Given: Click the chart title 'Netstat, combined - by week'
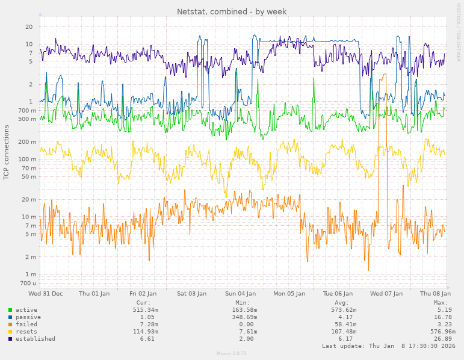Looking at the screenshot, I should tap(232, 11).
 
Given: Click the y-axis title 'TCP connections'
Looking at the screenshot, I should tap(7, 152).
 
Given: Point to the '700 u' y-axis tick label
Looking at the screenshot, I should tap(28, 283).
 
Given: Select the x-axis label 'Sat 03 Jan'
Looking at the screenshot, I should tap(191, 294).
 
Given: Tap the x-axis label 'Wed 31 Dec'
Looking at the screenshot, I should tap(46, 294).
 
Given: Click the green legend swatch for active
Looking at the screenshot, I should tap(10, 310).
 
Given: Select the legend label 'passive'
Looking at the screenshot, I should tap(28, 317).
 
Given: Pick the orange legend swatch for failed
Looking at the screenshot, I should tap(10, 324).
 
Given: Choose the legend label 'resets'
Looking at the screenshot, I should tap(26, 332).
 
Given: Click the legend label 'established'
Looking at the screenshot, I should tap(35, 339).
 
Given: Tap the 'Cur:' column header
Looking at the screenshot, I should tap(143, 303).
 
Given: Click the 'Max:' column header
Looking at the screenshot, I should tap(441, 303).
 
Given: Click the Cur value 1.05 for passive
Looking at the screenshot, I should tap(147, 317).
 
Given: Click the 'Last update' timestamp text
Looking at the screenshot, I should tap(389, 346).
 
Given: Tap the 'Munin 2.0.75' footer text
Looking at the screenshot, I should tap(232, 354).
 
